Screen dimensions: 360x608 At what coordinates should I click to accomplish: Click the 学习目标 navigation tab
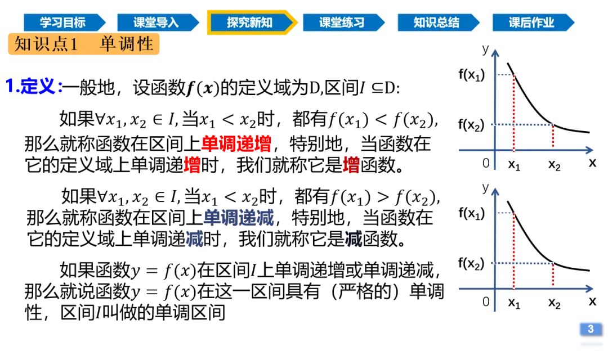[x=62, y=23]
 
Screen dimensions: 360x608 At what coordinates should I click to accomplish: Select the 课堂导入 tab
[x=156, y=23]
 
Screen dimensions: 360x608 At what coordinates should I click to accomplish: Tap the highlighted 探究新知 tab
[x=249, y=23]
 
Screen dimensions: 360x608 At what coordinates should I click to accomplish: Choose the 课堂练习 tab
[x=342, y=23]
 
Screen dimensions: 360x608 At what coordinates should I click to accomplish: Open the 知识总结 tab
[x=436, y=23]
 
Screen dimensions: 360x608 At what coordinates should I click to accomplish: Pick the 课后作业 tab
[x=531, y=23]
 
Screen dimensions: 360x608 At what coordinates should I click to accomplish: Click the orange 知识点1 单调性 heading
[x=84, y=44]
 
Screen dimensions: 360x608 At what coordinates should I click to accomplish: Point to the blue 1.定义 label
[x=34, y=86]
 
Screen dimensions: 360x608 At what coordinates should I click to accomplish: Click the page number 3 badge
[x=590, y=329]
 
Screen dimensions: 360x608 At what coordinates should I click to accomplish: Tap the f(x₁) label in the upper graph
[x=471, y=75]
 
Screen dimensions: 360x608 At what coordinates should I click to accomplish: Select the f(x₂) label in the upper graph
[x=471, y=125]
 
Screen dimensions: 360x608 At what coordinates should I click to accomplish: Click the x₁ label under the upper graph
[x=515, y=165]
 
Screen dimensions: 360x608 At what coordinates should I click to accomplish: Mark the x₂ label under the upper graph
[x=555, y=165]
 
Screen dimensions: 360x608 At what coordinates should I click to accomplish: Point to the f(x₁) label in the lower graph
[x=471, y=213]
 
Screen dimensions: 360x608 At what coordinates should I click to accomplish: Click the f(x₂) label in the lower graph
[x=471, y=263]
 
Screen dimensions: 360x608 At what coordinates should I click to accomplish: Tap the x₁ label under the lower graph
[x=515, y=303]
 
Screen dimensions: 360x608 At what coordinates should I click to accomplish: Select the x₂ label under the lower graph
[x=555, y=303]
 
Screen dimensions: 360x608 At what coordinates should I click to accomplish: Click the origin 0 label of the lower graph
[x=486, y=301]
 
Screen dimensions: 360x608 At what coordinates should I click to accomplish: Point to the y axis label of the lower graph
[x=485, y=188]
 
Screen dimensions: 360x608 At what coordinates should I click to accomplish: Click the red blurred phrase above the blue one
[x=236, y=143]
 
